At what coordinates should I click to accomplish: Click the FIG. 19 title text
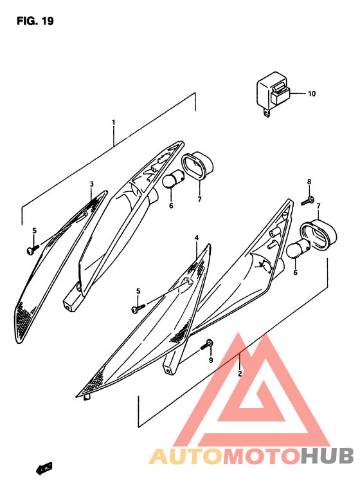tap(35, 21)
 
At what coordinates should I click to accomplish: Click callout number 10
tap(311, 94)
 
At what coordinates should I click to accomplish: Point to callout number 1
tap(113, 122)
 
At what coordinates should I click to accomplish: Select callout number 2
tap(240, 373)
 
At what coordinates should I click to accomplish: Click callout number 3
tap(91, 184)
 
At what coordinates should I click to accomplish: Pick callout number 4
tap(197, 238)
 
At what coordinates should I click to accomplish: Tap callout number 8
tap(309, 182)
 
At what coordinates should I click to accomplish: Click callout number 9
tap(210, 361)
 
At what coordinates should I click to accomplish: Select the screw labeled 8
tap(306, 202)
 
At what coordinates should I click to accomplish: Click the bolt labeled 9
tap(206, 346)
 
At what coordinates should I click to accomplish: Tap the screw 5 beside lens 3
tap(32, 249)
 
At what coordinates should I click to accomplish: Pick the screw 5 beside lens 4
tap(136, 309)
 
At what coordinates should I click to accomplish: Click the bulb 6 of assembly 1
tap(170, 182)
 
